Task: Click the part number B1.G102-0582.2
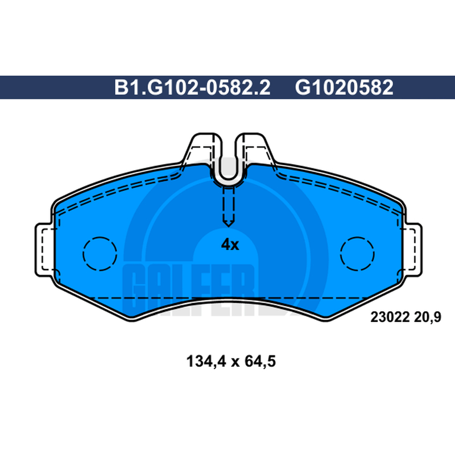point(192,88)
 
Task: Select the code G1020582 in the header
point(344,88)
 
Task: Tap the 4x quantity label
point(230,245)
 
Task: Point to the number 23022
point(390,317)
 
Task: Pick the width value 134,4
point(206,362)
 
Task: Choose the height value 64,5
point(260,362)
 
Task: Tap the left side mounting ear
point(44,250)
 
